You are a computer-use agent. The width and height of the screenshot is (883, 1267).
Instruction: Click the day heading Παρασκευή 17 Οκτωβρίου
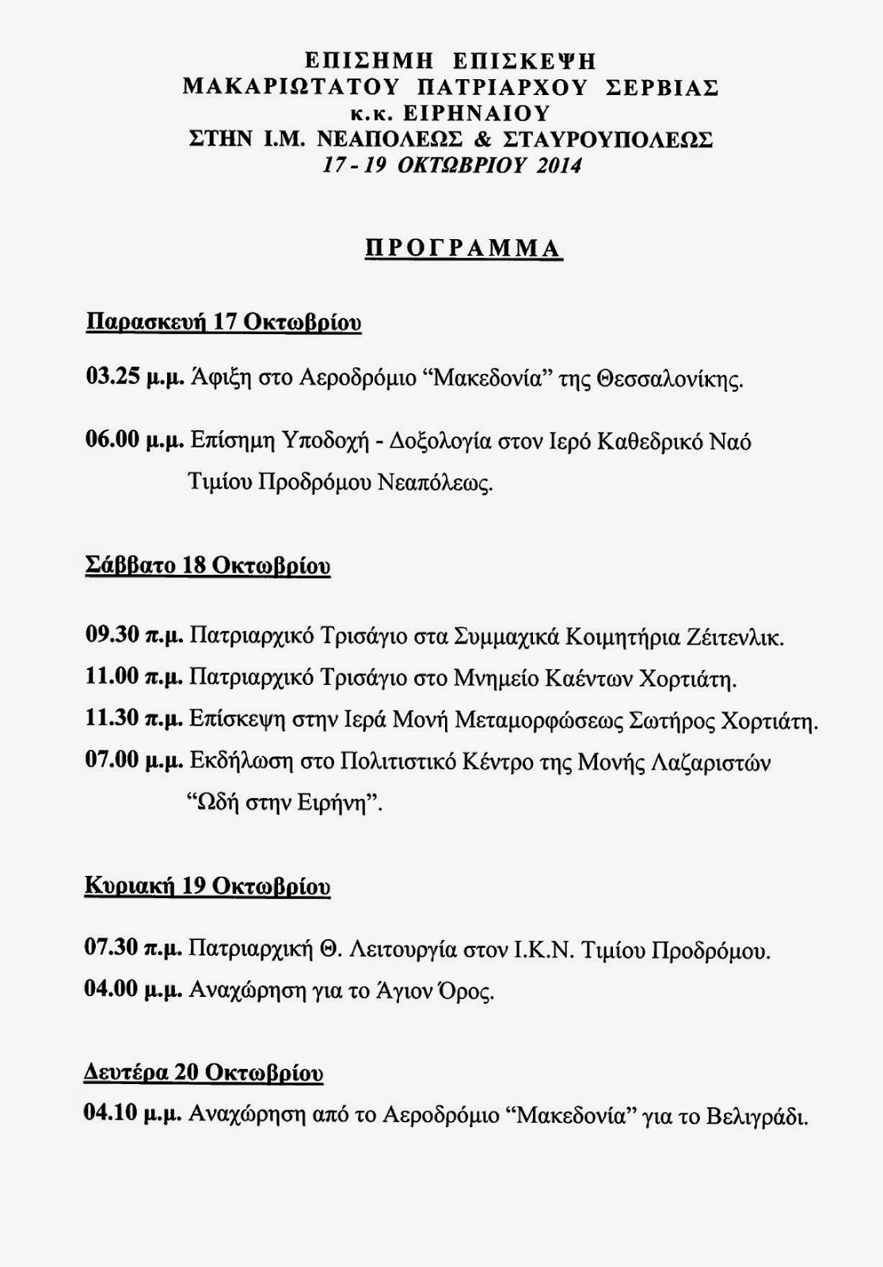[x=223, y=323]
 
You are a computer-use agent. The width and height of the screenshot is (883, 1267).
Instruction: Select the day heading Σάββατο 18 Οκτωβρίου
[x=207, y=567]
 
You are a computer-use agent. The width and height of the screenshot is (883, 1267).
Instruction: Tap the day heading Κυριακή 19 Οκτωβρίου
[x=207, y=886]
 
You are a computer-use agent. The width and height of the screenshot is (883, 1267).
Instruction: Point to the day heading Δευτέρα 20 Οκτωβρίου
[x=204, y=1073]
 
